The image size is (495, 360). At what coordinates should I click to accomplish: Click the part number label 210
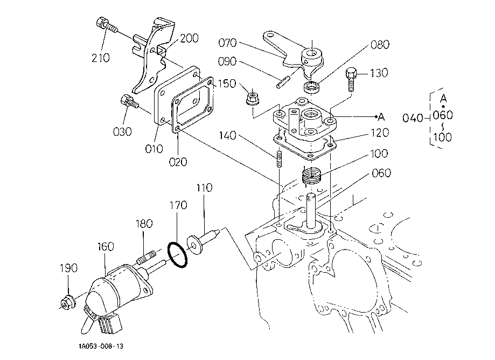click(x=101, y=58)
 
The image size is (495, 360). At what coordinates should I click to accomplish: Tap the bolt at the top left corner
click(x=106, y=25)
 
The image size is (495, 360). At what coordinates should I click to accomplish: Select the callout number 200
click(x=190, y=38)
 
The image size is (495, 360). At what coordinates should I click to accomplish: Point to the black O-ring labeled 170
click(x=177, y=254)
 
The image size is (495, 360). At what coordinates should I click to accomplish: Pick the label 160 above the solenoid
click(x=105, y=246)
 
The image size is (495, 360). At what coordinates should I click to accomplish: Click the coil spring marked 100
click(x=312, y=176)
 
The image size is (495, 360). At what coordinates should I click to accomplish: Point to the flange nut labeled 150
click(x=253, y=99)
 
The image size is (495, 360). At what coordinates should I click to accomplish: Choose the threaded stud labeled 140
click(x=280, y=159)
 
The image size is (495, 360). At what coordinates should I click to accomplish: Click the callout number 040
click(x=412, y=118)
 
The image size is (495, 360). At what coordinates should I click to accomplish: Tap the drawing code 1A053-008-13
click(x=101, y=347)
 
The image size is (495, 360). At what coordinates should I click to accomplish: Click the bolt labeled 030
click(x=129, y=102)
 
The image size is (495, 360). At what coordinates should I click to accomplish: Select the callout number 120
click(x=379, y=133)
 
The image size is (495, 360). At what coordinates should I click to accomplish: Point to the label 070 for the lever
click(x=227, y=43)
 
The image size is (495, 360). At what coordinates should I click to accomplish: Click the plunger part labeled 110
click(x=203, y=241)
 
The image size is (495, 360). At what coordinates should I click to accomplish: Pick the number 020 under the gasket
click(x=178, y=162)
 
